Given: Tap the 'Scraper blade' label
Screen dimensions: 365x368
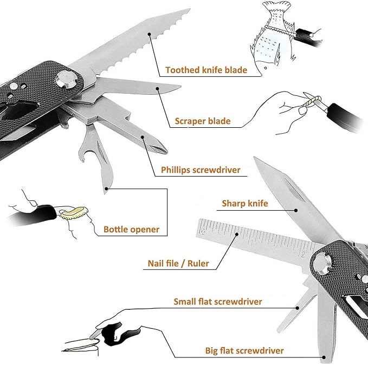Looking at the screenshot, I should coord(202,121).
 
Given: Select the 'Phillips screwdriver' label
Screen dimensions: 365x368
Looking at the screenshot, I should coord(201,170).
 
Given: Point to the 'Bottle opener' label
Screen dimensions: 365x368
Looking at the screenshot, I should coord(131,229).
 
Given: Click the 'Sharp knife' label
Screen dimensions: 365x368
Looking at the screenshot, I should coord(245,204).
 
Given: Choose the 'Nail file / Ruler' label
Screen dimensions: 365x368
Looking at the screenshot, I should coord(178,264).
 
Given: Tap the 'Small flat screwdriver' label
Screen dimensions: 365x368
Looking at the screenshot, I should coord(218,301).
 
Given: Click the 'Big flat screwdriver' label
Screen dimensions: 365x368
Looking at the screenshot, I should coord(244,350).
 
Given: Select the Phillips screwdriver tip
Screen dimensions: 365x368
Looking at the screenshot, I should coord(144,138).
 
